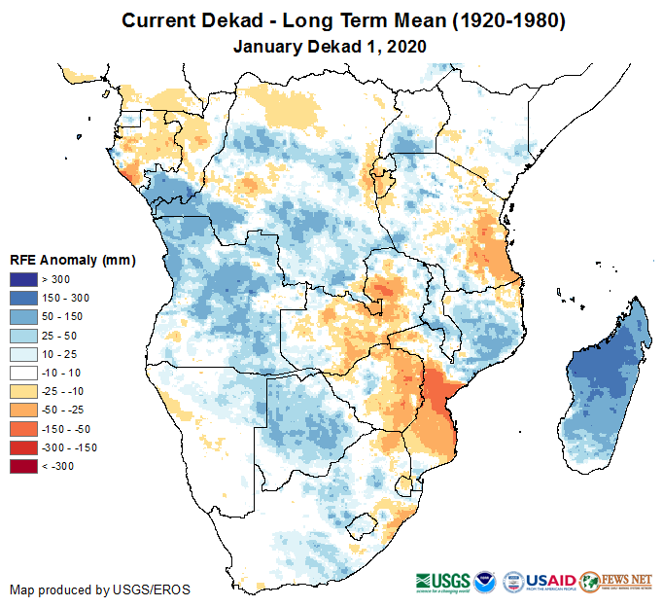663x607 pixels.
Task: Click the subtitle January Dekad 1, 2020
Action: (331, 46)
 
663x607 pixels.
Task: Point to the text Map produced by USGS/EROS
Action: (100, 589)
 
